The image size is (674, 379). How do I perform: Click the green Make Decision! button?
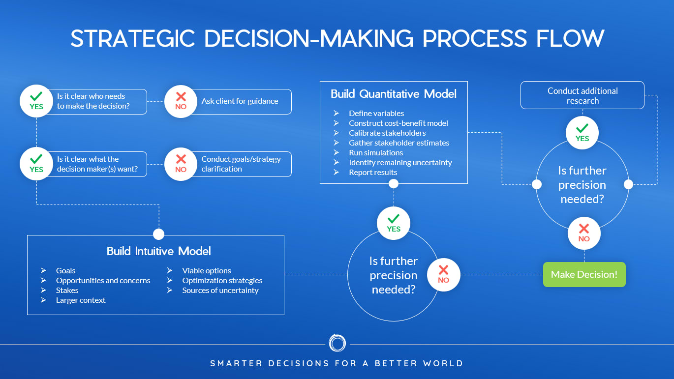584,274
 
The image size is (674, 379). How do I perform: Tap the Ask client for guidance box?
240,101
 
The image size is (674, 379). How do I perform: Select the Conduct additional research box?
582,95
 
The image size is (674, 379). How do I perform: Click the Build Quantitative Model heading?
394,94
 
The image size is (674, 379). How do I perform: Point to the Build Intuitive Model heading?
158,251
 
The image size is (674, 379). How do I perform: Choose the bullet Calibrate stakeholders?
387,133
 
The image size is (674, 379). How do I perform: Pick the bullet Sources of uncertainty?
220,290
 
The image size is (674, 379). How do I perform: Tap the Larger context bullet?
81,300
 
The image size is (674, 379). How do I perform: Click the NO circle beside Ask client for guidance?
181,101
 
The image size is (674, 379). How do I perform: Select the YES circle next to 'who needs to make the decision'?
36,101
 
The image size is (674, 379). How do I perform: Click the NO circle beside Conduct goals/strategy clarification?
181,164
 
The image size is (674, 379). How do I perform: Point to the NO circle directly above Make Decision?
584,233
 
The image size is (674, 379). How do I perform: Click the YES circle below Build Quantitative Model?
394,223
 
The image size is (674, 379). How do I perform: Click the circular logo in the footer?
337,343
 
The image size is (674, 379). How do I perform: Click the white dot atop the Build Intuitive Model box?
158,234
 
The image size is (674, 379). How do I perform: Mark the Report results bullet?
373,172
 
